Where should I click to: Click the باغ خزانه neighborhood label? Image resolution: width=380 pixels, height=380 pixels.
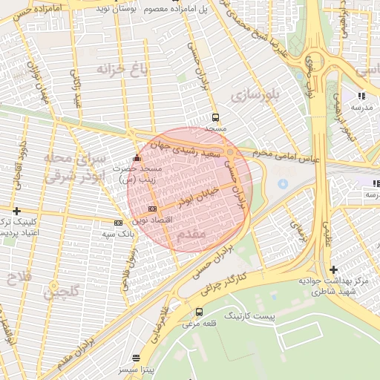122,69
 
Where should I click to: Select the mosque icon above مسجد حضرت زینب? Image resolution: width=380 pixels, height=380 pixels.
135,159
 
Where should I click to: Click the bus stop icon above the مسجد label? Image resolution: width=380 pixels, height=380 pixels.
215,117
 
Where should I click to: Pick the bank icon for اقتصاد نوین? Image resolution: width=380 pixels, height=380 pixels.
152,209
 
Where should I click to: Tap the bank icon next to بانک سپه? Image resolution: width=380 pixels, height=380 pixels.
118,222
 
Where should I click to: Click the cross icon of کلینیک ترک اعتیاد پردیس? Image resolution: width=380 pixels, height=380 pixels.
16,211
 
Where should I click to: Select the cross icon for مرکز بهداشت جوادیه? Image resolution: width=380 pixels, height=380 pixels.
333,269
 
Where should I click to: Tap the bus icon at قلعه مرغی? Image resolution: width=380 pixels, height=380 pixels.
199,312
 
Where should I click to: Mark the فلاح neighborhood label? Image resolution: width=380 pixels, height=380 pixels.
17,280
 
